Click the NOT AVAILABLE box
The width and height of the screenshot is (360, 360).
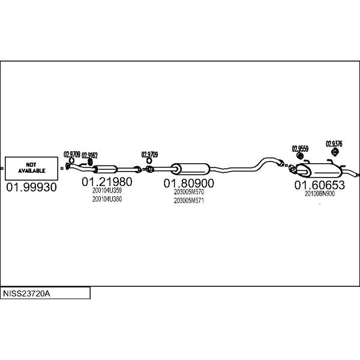point(31,167)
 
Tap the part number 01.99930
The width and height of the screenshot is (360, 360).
point(31,188)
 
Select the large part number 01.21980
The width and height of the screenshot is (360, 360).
point(107,182)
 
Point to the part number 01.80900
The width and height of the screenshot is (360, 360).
point(189,182)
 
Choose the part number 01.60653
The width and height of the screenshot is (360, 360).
point(319,185)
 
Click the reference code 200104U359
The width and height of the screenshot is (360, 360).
point(107,191)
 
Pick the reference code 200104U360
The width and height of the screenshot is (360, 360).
point(107,199)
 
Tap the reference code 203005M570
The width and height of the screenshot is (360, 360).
point(189,192)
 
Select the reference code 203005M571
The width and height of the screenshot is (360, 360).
point(189,200)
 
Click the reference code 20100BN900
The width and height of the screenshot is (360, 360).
point(320,194)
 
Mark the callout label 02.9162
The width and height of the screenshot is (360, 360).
point(89,154)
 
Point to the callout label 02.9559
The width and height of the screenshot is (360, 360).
point(300,148)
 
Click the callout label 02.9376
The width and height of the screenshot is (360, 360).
point(334,143)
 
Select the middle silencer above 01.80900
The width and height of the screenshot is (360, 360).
point(191,169)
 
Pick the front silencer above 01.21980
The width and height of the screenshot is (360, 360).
point(106,167)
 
